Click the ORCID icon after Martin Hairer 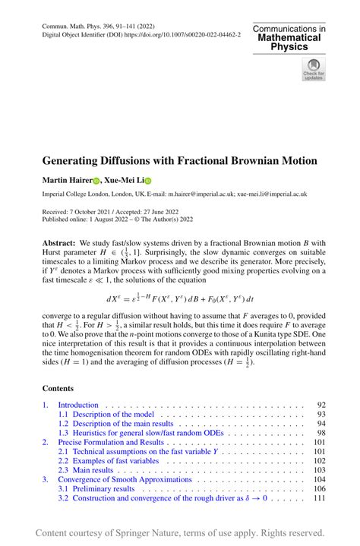96,181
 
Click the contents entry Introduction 78,405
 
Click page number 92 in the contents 320,405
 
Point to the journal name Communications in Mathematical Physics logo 289,37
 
